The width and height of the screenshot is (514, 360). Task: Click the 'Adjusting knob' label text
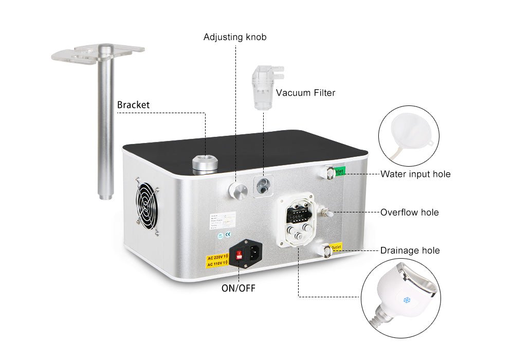(235, 37)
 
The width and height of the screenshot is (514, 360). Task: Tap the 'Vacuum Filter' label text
(305, 93)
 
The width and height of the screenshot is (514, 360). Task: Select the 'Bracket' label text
(133, 105)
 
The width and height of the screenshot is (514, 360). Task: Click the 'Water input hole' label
(415, 174)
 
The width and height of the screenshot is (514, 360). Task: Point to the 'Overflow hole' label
(409, 212)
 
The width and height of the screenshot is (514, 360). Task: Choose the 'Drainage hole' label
(410, 250)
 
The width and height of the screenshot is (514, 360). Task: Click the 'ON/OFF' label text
(238, 289)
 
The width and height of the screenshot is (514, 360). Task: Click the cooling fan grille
(147, 204)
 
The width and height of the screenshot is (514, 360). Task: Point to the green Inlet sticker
(340, 171)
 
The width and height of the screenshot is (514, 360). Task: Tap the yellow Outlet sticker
(336, 246)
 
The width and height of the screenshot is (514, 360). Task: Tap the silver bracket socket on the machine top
(205, 164)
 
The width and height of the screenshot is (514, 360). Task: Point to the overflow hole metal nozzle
(326, 212)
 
